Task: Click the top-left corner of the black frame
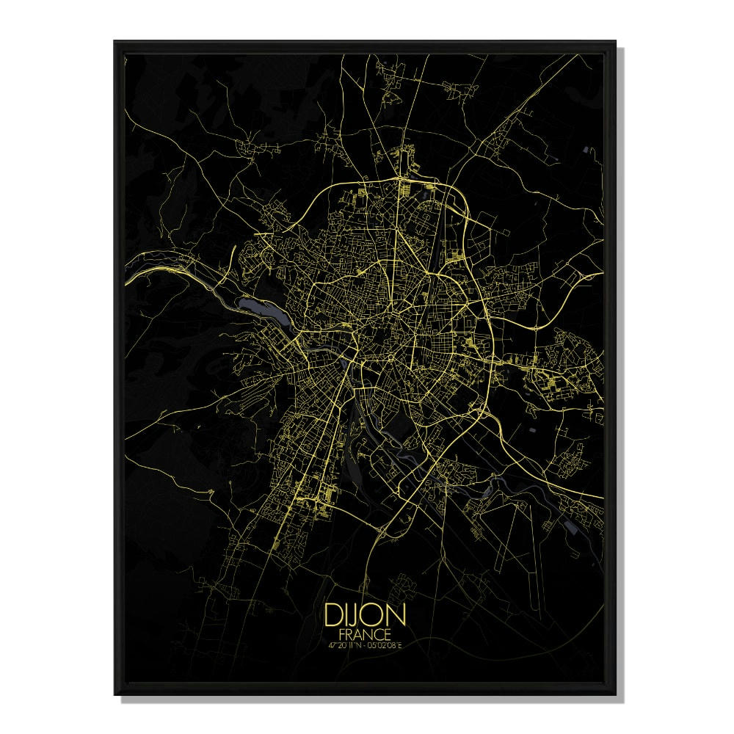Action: tap(115, 43)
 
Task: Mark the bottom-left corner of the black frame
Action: tap(115, 694)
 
